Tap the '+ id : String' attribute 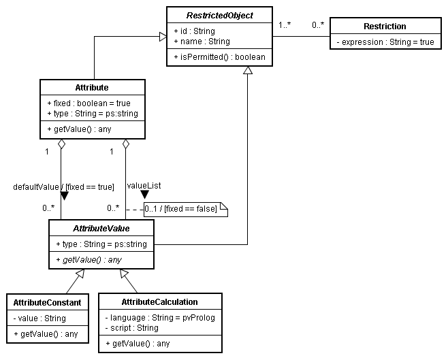(x=194, y=31)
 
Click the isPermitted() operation (x=219, y=56)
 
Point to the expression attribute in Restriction (x=385, y=42)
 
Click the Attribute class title (x=92, y=88)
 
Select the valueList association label (x=144, y=184)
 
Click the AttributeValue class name (x=101, y=228)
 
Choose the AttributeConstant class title (x=47, y=302)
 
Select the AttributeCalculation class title (x=159, y=301)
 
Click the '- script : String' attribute (x=132, y=327)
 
